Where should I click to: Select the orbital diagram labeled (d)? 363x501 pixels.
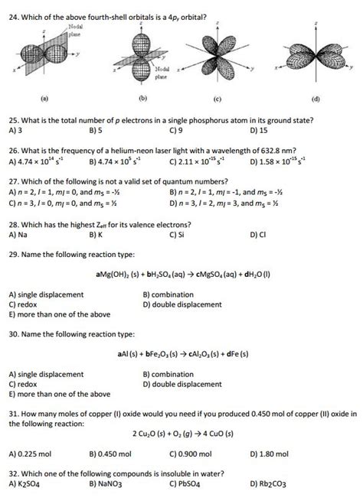click(315, 60)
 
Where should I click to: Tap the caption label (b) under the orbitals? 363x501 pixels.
click(142, 99)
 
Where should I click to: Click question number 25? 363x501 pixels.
click(13, 121)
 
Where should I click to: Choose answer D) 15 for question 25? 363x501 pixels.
click(261, 131)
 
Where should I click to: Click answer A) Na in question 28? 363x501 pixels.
click(18, 236)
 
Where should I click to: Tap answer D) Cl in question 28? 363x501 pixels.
click(257, 236)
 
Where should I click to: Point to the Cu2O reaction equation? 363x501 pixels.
click(181, 434)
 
